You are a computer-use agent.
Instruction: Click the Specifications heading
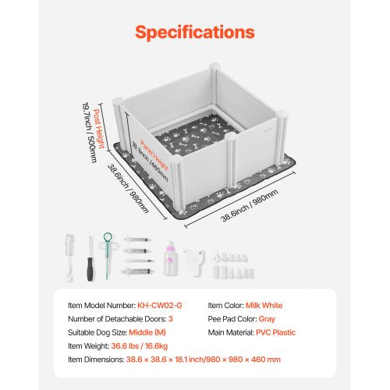tap(195, 32)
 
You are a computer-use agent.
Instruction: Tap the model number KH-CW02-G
tap(160, 305)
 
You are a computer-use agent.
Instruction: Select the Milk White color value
tap(264, 305)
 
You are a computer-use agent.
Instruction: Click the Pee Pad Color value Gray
tap(267, 319)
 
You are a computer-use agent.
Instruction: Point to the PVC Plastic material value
tap(275, 332)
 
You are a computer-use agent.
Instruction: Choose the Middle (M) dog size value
tap(147, 332)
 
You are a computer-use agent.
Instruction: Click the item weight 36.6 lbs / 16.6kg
tap(140, 346)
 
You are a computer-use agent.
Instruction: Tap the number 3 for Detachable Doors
tap(171, 319)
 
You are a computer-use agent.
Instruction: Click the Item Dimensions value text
tap(204, 360)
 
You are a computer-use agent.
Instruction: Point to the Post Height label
tap(99, 129)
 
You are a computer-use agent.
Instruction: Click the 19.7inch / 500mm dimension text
tap(90, 133)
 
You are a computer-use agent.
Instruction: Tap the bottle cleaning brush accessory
tap(69, 257)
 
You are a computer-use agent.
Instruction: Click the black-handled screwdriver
tap(90, 258)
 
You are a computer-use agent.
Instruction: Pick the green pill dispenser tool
tap(108, 253)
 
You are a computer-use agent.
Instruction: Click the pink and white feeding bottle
tap(169, 258)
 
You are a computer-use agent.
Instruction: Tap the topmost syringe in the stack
tap(137, 239)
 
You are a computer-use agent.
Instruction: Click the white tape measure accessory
tap(194, 261)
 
